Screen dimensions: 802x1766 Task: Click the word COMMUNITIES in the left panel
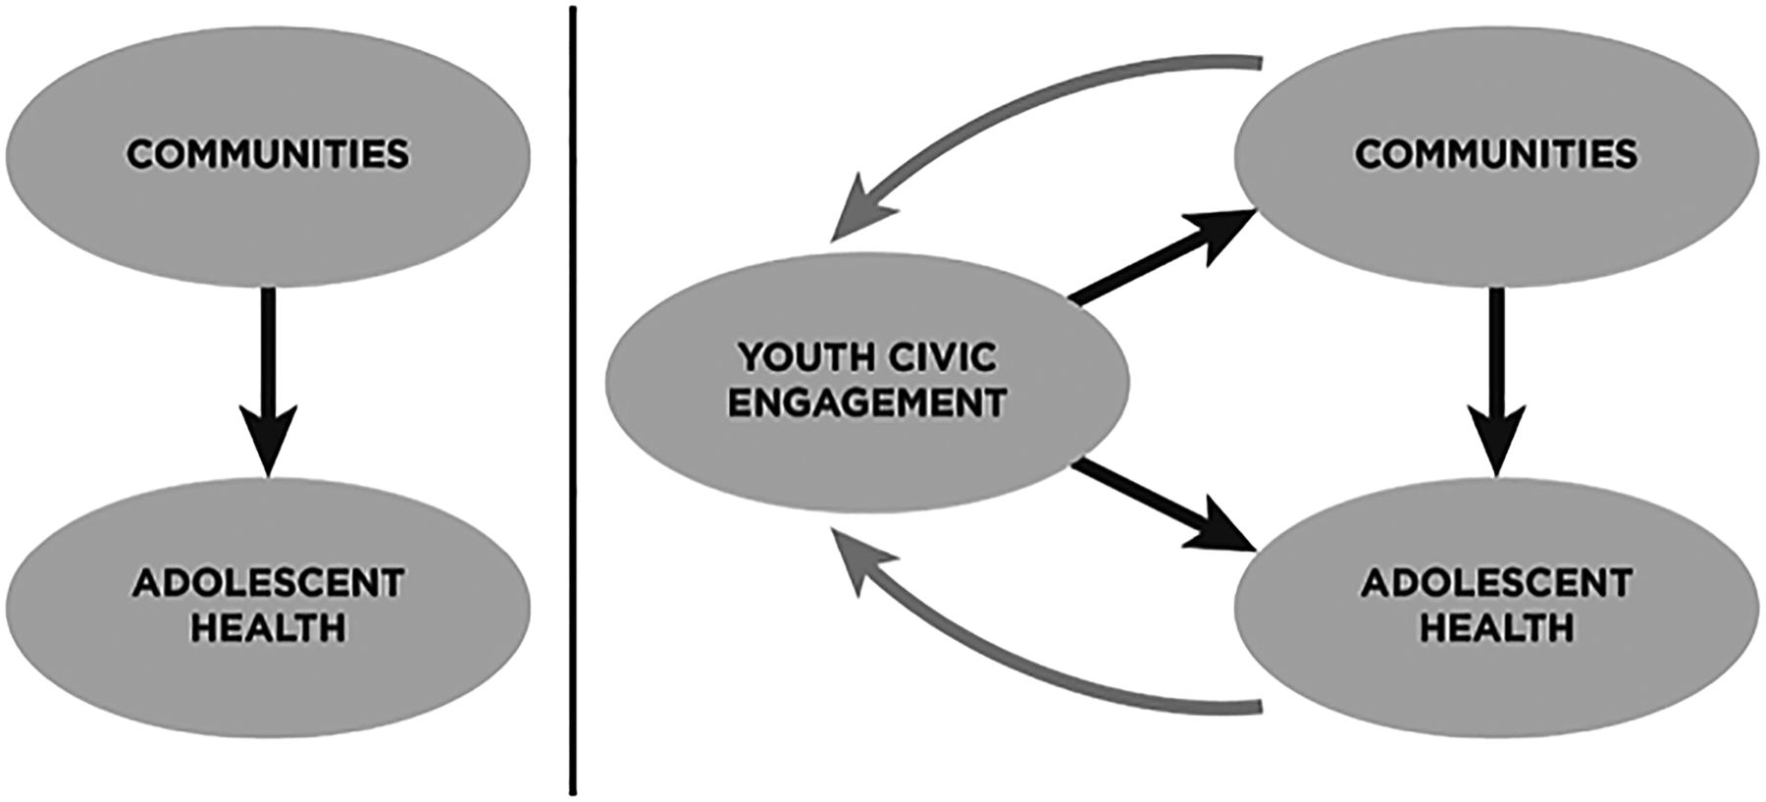click(x=267, y=155)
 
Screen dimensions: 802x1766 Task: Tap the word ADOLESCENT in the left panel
click(x=267, y=583)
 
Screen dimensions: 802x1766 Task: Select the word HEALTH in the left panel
click(x=267, y=626)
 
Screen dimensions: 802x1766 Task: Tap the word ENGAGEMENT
click(x=867, y=402)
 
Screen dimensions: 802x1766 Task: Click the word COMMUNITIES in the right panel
click(x=1495, y=155)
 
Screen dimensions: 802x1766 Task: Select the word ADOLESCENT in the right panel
click(x=1495, y=583)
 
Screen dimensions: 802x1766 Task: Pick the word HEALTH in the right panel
click(x=1495, y=626)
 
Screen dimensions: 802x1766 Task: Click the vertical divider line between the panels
click(x=571, y=393)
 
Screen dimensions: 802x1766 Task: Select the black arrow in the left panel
click(x=267, y=363)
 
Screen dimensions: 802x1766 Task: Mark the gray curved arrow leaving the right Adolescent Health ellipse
click(x=1030, y=677)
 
